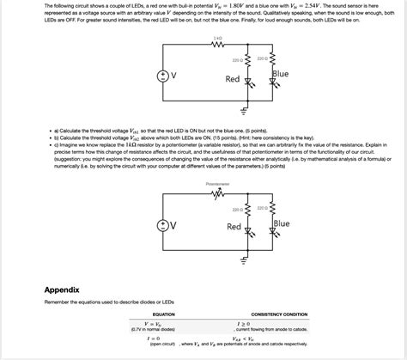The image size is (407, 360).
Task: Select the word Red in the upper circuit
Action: pyautogui.click(x=233, y=79)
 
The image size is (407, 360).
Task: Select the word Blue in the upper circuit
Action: pyautogui.click(x=280, y=75)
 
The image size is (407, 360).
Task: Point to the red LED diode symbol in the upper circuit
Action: pyautogui.click(x=249, y=82)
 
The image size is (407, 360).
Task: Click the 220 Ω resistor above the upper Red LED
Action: pyautogui.click(x=249, y=61)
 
